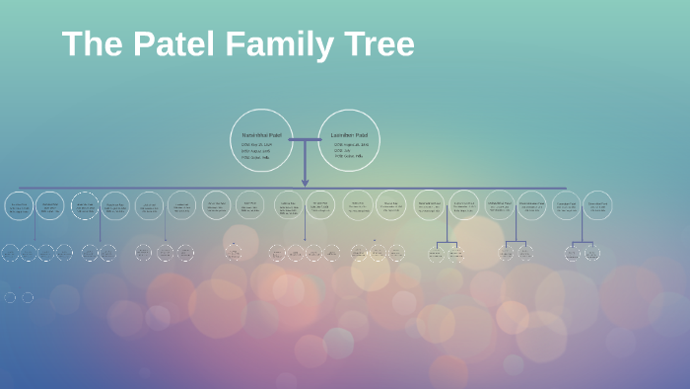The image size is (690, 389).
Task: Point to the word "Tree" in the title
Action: click(379, 44)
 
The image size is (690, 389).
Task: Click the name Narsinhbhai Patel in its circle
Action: click(261, 135)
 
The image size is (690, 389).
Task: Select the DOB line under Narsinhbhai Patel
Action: click(257, 144)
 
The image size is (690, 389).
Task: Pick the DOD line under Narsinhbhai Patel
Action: click(255, 150)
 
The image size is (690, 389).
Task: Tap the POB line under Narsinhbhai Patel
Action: click(255, 156)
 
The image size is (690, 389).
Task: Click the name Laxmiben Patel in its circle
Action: click(349, 135)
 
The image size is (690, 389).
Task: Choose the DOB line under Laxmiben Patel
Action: click(351, 144)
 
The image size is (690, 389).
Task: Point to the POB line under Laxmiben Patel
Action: click(349, 156)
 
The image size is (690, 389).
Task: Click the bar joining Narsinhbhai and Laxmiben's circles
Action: click(305, 140)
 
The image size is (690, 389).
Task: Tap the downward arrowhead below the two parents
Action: click(305, 183)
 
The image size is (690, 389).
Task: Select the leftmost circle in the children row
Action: click(19, 205)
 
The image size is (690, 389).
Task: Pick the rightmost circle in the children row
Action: click(597, 205)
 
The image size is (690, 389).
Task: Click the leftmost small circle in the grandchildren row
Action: click(10, 253)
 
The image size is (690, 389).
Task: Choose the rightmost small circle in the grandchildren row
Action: click(592, 253)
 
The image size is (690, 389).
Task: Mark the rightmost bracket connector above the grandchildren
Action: click(582, 241)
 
